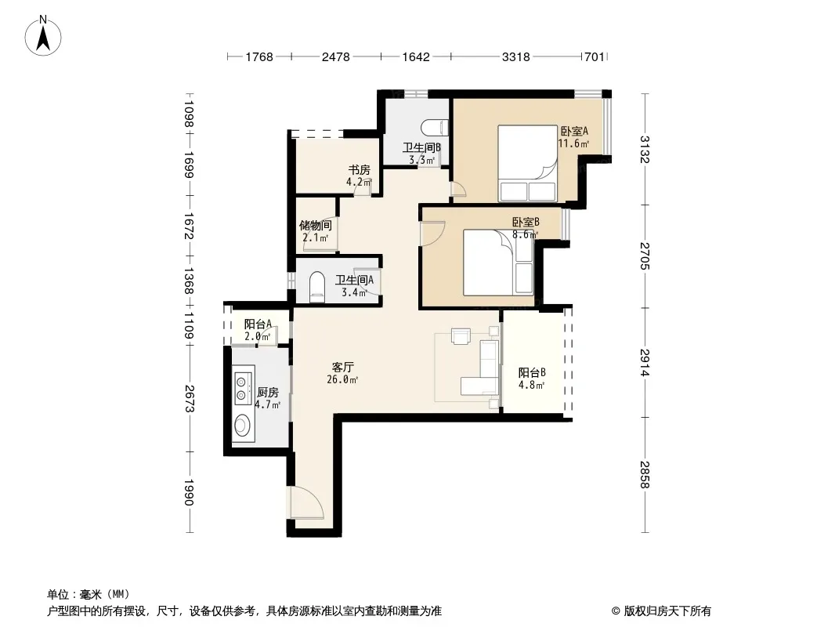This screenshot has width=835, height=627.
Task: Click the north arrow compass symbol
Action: [x=43, y=36]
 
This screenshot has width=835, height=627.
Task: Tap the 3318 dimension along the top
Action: [x=515, y=56]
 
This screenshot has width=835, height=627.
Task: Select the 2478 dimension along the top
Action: [x=335, y=56]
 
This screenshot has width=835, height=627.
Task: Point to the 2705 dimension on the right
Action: [x=645, y=256]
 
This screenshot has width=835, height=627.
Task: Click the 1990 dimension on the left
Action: [x=189, y=492]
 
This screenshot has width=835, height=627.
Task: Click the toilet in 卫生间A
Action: [x=317, y=287]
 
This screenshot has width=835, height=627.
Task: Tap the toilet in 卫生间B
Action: [x=435, y=128]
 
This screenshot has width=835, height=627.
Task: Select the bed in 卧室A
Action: [x=527, y=163]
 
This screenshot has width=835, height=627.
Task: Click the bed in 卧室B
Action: [x=498, y=262]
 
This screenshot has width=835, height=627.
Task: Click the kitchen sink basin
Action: [x=243, y=425]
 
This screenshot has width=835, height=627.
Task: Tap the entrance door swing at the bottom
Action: [x=305, y=502]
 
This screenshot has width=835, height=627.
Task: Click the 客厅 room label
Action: [x=342, y=367]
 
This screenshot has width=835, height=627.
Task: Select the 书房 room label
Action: [x=359, y=170]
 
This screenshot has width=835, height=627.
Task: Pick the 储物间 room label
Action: [x=315, y=226]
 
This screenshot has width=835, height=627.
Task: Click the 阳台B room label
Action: [x=532, y=373]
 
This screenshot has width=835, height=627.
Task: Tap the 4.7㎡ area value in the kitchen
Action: [x=267, y=404]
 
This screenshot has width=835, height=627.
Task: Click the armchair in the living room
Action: [x=461, y=336]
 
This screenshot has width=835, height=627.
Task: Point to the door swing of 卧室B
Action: [x=432, y=233]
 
